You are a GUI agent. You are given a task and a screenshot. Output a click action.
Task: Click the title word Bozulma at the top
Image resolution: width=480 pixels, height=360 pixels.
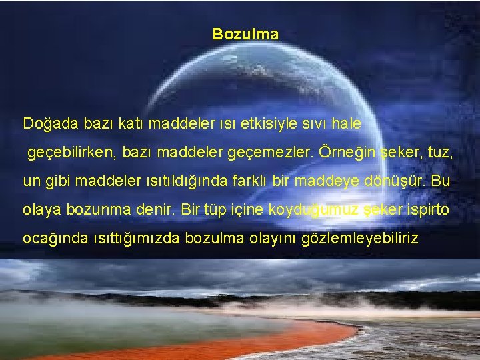coord(245,33)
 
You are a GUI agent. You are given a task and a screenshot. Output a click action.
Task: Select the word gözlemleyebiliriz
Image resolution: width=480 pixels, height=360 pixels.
coord(361,238)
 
